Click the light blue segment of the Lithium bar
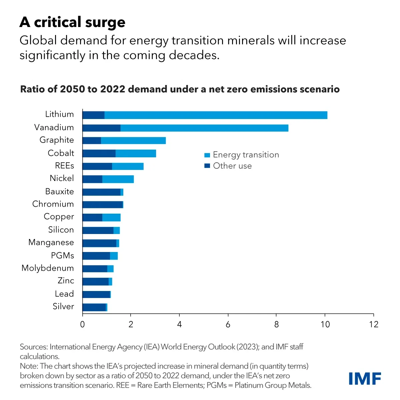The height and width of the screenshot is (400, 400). click(x=216, y=115)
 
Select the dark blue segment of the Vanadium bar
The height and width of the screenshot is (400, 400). click(x=101, y=128)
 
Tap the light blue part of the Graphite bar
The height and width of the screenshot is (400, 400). click(x=133, y=141)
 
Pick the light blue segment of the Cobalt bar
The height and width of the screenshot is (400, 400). click(x=136, y=154)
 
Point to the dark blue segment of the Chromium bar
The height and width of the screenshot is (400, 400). click(x=102, y=205)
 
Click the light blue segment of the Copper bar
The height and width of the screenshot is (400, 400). click(x=111, y=218)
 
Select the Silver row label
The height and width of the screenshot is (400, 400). click(x=63, y=306)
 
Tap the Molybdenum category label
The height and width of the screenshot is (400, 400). click(x=48, y=268)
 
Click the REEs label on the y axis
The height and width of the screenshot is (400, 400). click(x=64, y=166)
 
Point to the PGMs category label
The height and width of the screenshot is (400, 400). click(x=62, y=255)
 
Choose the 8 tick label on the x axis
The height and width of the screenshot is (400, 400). click(x=276, y=324)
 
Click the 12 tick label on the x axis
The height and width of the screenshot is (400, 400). click(x=374, y=324)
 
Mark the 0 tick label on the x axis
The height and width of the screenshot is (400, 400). click(x=82, y=324)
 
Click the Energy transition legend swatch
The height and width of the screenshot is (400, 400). click(x=207, y=155)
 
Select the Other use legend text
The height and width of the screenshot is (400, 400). click(x=232, y=166)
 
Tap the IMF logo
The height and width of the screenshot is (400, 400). click(x=365, y=379)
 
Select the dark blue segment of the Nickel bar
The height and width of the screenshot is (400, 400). click(x=92, y=179)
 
